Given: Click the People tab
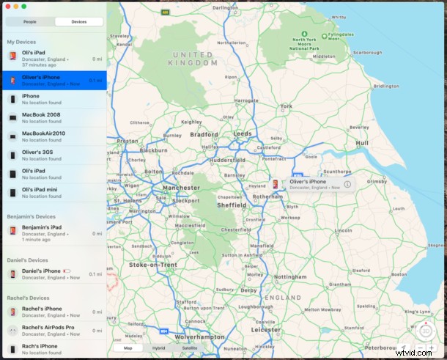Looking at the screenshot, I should click(29, 22).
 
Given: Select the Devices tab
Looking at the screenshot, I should click(78, 22).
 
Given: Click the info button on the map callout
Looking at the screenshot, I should click(347, 185).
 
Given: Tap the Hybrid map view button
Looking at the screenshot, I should click(158, 348).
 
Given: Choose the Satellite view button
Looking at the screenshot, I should click(190, 348).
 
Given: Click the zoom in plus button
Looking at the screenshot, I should click(432, 348).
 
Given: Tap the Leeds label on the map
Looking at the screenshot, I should click(243, 134).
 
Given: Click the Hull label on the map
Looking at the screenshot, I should click(362, 143).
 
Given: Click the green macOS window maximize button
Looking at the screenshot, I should click(24, 6).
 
